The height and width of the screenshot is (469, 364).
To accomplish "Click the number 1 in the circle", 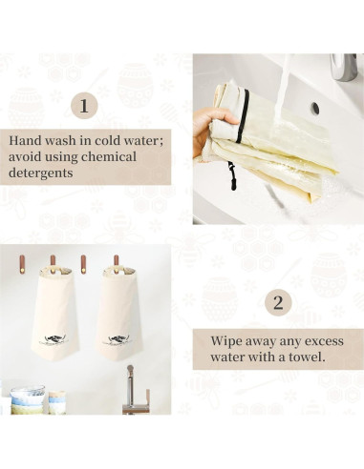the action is [84, 106].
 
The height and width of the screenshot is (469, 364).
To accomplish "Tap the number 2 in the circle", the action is [278, 303].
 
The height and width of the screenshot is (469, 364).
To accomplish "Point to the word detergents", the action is [41, 173].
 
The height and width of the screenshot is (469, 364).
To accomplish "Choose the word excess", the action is [324, 342].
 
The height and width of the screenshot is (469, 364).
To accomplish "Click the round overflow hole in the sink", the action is [315, 109].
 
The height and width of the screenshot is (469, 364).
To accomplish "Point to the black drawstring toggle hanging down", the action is [232, 176].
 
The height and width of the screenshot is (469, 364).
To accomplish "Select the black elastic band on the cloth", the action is [243, 116].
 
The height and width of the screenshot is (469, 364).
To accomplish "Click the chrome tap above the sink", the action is [344, 67].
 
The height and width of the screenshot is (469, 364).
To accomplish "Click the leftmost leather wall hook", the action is [22, 264].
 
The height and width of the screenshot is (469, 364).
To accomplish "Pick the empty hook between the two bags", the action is [83, 264].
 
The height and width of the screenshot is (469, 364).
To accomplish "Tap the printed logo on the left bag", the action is [54, 339].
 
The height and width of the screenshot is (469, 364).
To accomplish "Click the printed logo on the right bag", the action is [117, 339].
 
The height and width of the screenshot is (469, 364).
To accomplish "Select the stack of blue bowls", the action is [28, 399].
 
